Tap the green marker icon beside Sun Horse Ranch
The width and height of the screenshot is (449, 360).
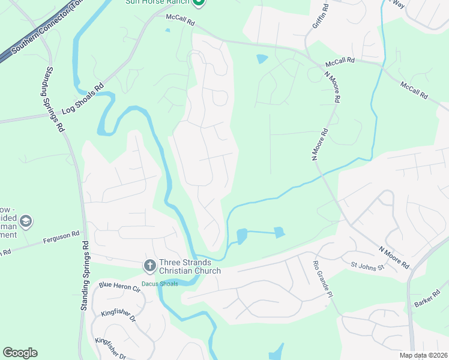201,2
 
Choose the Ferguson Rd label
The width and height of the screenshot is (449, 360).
61,237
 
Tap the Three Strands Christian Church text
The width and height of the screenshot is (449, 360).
189,267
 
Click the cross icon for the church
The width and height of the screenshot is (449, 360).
149,265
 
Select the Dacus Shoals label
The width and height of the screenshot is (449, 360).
160,284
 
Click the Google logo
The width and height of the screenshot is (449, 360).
20,353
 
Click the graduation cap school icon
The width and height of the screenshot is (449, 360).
25,223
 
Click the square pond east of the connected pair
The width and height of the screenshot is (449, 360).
279,232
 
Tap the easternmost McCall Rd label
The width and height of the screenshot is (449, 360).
415,92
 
